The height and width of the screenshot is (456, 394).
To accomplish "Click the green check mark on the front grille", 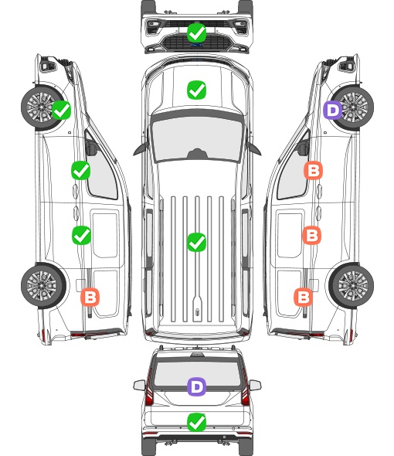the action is pos(196,32).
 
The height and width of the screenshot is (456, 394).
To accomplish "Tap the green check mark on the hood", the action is pos(196,90).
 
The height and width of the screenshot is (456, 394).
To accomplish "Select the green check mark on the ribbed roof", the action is pos(196,242).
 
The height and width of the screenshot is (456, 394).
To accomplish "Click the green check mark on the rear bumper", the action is pos(196,422).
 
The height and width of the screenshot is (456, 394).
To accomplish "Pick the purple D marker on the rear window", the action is pos(196,386).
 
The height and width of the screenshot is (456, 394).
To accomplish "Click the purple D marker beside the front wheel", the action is pos(333,111).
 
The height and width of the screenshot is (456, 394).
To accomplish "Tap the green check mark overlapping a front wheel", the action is pos(61,111).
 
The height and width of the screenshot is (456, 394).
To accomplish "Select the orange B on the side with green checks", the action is pos(90,298).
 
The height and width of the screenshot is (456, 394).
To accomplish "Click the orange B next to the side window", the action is pos(313,170).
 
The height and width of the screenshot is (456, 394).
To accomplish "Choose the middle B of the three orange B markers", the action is pos(311,235).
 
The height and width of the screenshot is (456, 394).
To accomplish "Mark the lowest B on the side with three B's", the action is pos(304,298).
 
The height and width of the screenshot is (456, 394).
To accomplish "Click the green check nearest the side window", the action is pos(81,170).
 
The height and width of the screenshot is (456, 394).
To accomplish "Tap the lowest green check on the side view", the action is pos(81,235).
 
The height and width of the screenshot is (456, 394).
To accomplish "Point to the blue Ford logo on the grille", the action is pos(196,45).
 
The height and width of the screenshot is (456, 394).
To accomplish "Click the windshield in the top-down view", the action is pos(197,139).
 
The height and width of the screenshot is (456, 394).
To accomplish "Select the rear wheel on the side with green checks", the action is pos(43,286).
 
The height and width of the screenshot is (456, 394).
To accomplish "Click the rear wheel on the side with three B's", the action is pos(352,286).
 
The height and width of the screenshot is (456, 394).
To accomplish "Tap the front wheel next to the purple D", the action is pos(352,107).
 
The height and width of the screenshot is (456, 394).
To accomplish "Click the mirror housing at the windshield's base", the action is pos(197,154).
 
